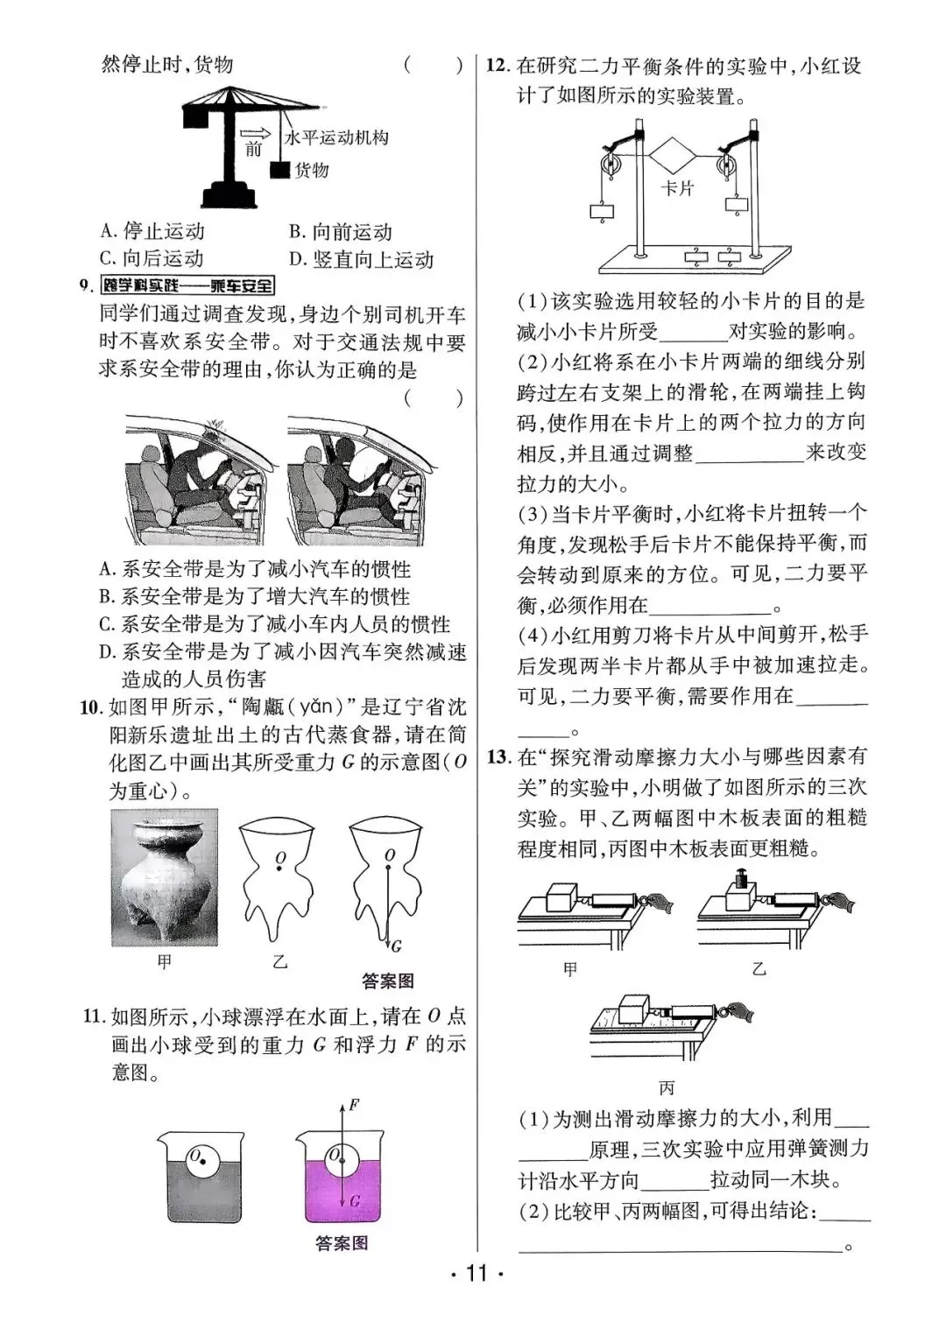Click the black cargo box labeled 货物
(280, 171)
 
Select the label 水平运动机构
(336, 138)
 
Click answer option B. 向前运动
(341, 232)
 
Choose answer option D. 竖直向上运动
(361, 259)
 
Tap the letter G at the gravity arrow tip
(397, 946)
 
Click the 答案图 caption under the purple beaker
(342, 1243)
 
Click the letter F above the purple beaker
(354, 1105)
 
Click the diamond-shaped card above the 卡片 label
(672, 157)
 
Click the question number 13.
(498, 756)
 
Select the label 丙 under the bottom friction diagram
(667, 1088)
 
